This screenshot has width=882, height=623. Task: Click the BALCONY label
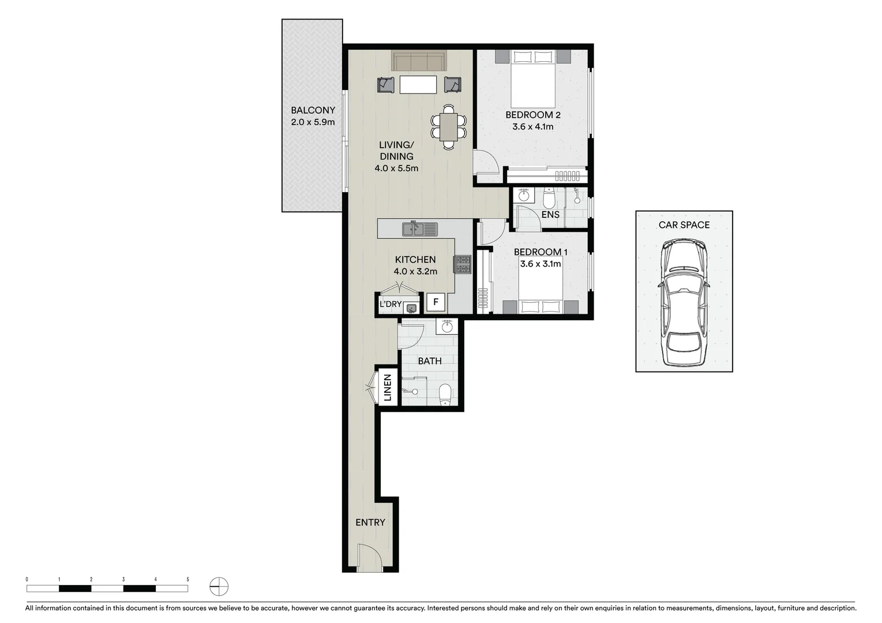(313, 110)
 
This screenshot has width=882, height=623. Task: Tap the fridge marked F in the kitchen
(436, 302)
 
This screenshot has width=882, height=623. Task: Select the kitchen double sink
(419, 229)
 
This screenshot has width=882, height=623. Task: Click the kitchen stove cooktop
(463, 264)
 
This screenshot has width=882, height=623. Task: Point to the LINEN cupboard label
(388, 388)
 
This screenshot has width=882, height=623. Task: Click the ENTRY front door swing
(369, 557)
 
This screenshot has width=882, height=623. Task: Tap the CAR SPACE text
(684, 225)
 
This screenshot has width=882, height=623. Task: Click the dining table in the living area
(448, 127)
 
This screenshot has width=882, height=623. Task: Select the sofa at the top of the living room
(418, 61)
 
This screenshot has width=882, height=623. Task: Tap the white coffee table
(418, 85)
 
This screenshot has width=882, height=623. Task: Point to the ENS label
(550, 215)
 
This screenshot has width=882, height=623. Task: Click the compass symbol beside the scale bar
(219, 587)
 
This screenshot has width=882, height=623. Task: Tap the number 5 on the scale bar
(187, 579)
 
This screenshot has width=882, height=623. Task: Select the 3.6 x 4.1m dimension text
(532, 126)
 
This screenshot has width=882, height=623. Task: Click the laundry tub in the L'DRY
(410, 308)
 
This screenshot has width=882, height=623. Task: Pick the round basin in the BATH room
(448, 327)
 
